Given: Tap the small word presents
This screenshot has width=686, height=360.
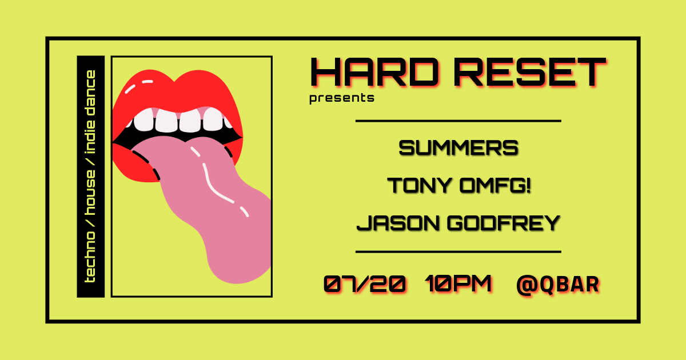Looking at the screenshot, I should tap(342, 98).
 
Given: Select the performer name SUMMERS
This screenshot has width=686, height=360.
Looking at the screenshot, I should tap(458, 149).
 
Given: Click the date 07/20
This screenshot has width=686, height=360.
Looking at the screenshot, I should tap(365, 284).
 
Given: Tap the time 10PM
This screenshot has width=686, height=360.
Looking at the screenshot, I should tap(459, 284).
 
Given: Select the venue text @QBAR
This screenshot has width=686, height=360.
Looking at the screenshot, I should tap(557, 284).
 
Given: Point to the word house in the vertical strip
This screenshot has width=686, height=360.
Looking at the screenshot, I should tap(90, 192).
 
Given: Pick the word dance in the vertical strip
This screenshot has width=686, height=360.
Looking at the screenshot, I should tap(90, 91).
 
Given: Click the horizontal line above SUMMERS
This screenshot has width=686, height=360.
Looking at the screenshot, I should tap(458, 121).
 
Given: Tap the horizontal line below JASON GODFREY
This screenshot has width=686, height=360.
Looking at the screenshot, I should tap(458, 251).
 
